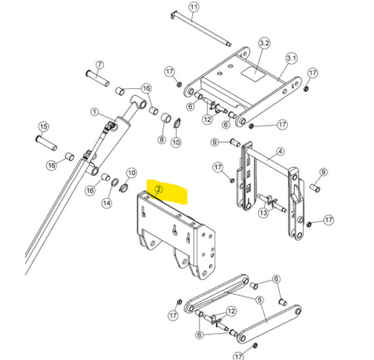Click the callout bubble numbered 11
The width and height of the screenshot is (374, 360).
[x=194, y=7]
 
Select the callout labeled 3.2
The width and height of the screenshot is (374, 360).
[x=264, y=43]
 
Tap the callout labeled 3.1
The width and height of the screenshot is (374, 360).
[x=292, y=58]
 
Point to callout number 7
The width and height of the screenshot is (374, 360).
[x=99, y=64]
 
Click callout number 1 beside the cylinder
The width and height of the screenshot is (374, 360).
[x=94, y=112]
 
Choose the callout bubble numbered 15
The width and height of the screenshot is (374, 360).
[x=43, y=126]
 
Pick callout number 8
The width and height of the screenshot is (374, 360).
[x=162, y=139]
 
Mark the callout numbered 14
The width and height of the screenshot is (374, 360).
[x=107, y=203]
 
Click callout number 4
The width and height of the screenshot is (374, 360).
[x=280, y=151]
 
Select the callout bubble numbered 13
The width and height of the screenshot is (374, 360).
[x=263, y=213]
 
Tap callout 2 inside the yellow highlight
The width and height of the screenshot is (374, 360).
[x=159, y=189]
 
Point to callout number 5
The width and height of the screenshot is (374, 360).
[x=260, y=299]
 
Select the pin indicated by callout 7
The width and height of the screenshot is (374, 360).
[x=97, y=78]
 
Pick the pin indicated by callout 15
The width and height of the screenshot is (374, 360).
[x=46, y=143]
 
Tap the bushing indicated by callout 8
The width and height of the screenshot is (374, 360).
[x=166, y=118]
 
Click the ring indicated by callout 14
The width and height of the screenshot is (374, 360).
[x=115, y=183]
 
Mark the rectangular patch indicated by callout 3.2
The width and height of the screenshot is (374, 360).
[x=253, y=73]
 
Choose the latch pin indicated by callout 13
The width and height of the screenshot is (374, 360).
[x=272, y=202]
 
